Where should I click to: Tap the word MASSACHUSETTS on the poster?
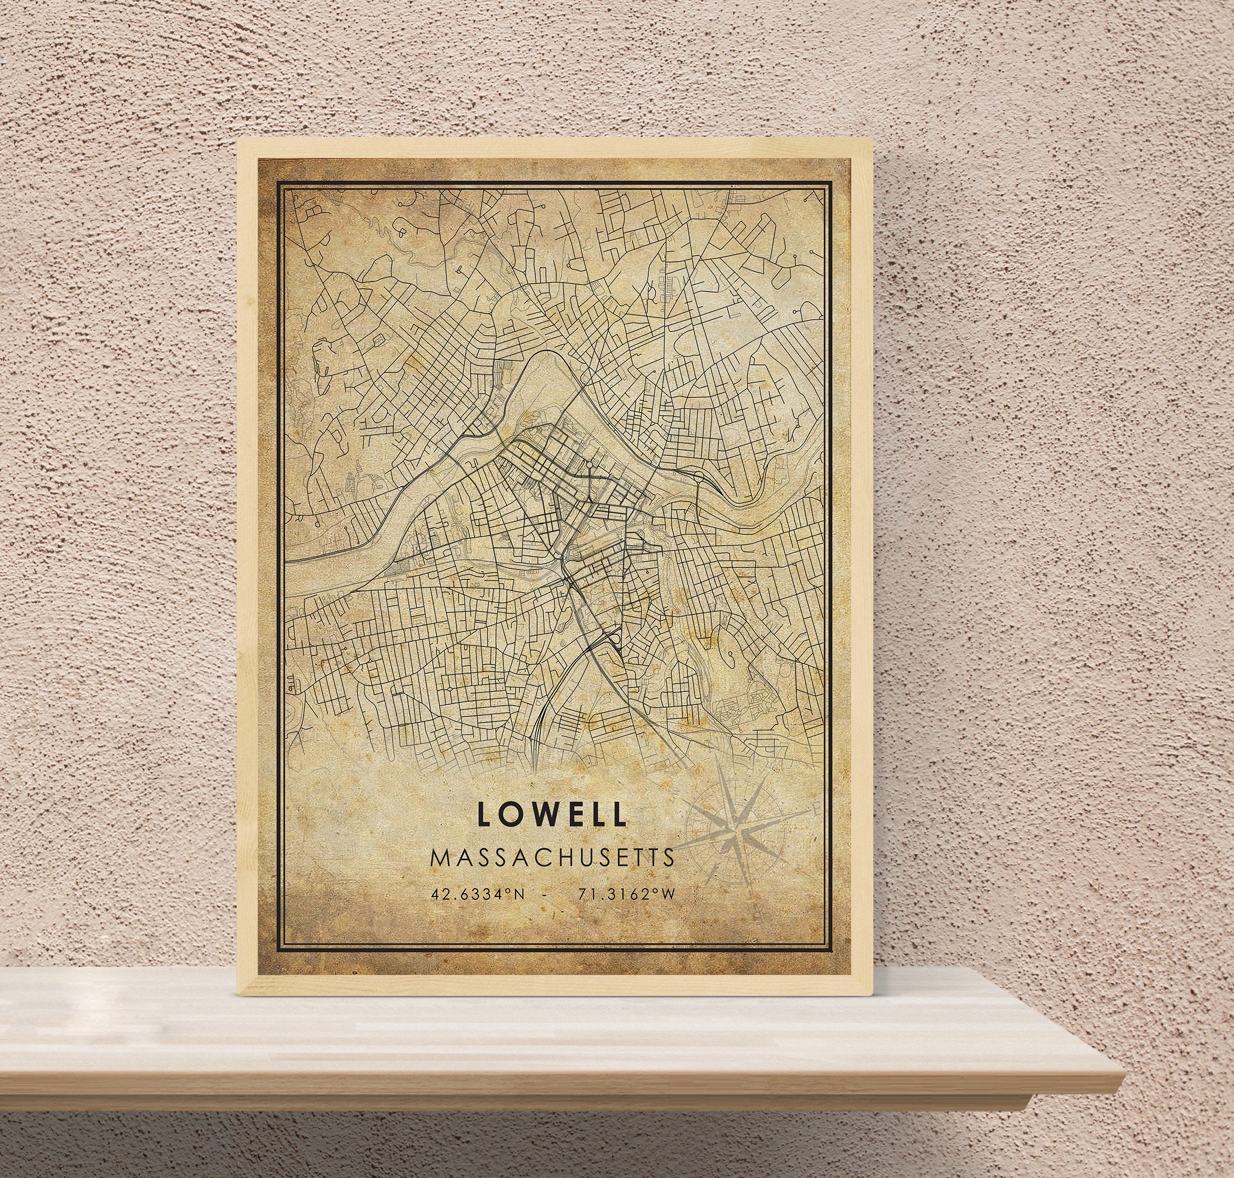552,858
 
